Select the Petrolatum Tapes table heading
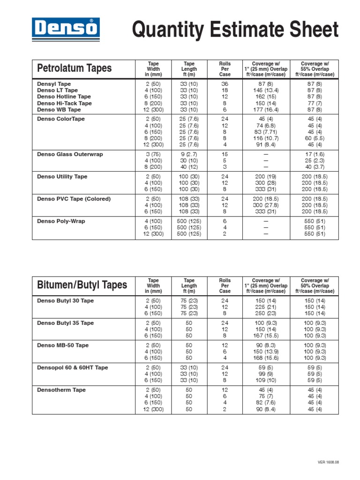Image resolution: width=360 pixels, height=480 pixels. pos(74,68)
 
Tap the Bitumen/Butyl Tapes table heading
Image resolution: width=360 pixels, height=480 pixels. pos(82,285)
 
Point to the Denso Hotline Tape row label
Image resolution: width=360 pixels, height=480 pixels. pos(64,97)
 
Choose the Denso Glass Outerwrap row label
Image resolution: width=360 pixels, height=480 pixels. pos(70,154)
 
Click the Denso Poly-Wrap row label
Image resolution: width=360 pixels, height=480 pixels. pos(61,221)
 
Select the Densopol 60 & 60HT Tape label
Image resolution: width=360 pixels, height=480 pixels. pos(72,368)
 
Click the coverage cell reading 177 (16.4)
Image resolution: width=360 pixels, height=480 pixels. pos(265,110)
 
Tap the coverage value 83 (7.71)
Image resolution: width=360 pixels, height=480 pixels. pos(265,132)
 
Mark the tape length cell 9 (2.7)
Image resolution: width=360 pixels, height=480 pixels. pos(189,154)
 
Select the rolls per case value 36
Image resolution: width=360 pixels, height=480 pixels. pos(225,84)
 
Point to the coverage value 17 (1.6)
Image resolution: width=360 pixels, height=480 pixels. pos(315,154)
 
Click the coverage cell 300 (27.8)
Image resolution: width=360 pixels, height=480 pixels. pos(265,205)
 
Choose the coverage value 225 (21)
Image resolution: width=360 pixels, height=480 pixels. pos(265,307)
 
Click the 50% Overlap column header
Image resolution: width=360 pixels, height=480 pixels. pos(315,285)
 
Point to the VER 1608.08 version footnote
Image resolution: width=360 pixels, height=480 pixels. pos(328,462)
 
